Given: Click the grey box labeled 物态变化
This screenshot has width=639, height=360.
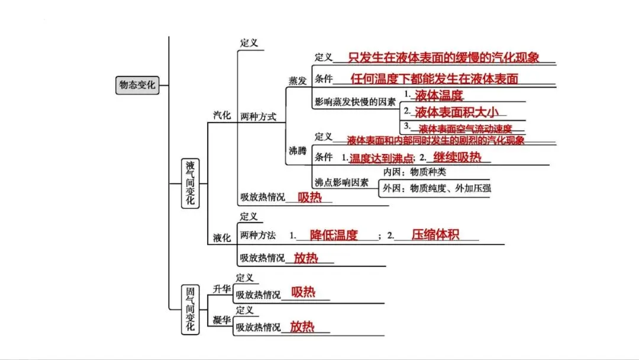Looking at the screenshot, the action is pyautogui.click(x=137, y=85).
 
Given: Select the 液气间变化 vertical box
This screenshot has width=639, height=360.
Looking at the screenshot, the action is pyautogui.click(x=191, y=184).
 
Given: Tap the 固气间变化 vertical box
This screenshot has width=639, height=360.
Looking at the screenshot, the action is pyautogui.click(x=191, y=310).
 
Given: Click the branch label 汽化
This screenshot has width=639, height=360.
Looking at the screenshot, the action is pyautogui.click(x=222, y=115).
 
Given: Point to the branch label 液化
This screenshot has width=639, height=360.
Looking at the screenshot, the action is pyautogui.click(x=222, y=237).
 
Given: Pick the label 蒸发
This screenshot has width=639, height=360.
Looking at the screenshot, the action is pyautogui.click(x=298, y=81).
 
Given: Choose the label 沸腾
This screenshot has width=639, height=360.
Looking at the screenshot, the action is pyautogui.click(x=298, y=151).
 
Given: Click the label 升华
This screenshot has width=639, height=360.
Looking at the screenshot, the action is pyautogui.click(x=222, y=289).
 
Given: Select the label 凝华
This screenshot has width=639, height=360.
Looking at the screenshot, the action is pyautogui.click(x=222, y=320).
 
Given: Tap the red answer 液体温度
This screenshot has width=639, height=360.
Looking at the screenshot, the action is pyautogui.click(x=439, y=95).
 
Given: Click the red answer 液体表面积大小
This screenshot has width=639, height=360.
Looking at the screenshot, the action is pyautogui.click(x=457, y=112).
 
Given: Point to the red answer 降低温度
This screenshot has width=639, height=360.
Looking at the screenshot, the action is pyautogui.click(x=334, y=235).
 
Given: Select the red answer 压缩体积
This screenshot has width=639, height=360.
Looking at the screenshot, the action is pyautogui.click(x=435, y=234).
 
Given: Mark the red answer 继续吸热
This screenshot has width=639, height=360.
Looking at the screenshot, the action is pyautogui.click(x=457, y=157).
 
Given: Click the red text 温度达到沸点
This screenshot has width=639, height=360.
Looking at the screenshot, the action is pyautogui.click(x=382, y=158).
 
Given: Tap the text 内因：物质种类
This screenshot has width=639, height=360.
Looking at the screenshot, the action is pyautogui.click(x=414, y=172).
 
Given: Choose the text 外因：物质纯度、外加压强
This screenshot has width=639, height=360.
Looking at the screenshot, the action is pyautogui.click(x=437, y=188).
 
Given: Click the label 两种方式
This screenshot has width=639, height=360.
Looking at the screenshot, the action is pyautogui.click(x=259, y=117).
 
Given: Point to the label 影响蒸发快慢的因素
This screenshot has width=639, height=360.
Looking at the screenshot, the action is pyautogui.click(x=355, y=102).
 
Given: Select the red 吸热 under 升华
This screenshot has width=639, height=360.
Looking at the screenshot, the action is pyautogui.click(x=303, y=292).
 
